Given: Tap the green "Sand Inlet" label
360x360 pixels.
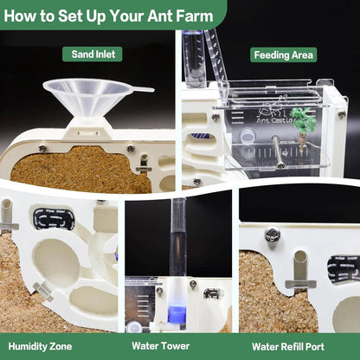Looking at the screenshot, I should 92,55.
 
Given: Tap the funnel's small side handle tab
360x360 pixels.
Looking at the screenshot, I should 144,88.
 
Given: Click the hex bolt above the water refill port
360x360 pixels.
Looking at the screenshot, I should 273,235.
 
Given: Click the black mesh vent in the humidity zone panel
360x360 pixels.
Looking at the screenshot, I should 54,219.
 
